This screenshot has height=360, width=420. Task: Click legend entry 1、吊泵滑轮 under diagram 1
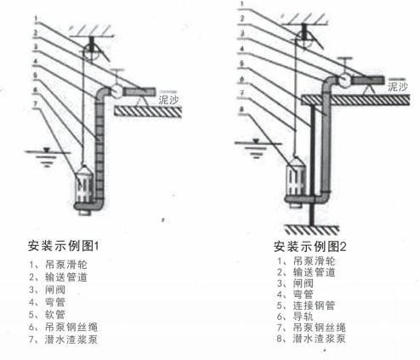click(x=55, y=264)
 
